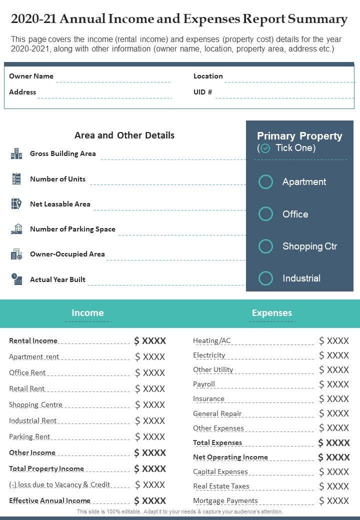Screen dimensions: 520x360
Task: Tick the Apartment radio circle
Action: [x=265, y=182]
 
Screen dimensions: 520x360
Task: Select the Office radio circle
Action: [x=265, y=214]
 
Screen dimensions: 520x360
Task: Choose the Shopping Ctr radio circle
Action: [x=265, y=246]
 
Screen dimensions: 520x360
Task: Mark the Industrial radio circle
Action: [x=265, y=278]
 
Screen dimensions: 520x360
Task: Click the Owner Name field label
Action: [x=31, y=76]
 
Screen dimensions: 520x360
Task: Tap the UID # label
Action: [x=202, y=92]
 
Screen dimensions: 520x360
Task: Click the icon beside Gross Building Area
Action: [x=16, y=153]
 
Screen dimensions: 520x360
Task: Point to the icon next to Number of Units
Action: [x=16, y=179]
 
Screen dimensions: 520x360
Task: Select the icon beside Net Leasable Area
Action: [x=16, y=204]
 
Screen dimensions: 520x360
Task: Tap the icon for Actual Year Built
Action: [x=16, y=279]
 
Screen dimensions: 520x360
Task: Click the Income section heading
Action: [x=87, y=313]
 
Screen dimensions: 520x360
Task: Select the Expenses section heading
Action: [x=271, y=313]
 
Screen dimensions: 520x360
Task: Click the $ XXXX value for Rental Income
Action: [x=150, y=341]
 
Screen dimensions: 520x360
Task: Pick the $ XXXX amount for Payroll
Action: [x=334, y=384]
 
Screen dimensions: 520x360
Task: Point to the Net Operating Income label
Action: [x=230, y=457]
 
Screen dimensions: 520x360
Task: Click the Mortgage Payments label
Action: [x=225, y=500]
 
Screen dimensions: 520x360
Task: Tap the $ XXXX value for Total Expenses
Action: [x=334, y=442]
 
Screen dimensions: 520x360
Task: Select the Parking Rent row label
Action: [x=29, y=436]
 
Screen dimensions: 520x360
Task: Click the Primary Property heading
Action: [x=299, y=136]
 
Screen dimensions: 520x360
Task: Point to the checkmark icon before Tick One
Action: [x=265, y=148]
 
